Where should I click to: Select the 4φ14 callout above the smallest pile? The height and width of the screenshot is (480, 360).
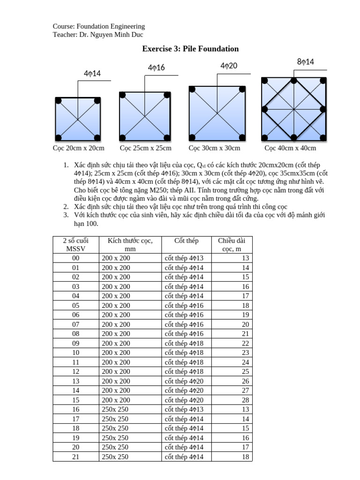92,74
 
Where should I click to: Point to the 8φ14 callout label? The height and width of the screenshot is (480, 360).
306,62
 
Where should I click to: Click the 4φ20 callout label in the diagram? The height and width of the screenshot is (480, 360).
229,66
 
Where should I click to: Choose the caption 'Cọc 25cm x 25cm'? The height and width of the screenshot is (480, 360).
145,148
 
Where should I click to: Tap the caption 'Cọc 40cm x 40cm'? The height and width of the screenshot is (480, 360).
290,148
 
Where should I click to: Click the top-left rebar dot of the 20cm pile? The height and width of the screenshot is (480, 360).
59,100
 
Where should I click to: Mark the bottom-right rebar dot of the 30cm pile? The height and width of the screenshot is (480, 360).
242,137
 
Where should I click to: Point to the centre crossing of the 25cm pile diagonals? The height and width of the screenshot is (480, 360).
145,117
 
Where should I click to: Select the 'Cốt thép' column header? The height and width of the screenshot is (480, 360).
186,240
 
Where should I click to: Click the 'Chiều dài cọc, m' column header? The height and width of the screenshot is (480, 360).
232,245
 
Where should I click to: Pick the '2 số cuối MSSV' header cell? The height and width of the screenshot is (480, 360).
75,245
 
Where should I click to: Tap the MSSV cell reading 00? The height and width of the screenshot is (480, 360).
75,258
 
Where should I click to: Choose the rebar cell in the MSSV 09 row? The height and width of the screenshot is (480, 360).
184,343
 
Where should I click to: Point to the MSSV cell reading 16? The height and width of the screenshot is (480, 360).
75,409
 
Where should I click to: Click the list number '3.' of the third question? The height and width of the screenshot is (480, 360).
65,215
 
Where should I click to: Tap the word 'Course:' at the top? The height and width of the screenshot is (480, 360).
64,26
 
